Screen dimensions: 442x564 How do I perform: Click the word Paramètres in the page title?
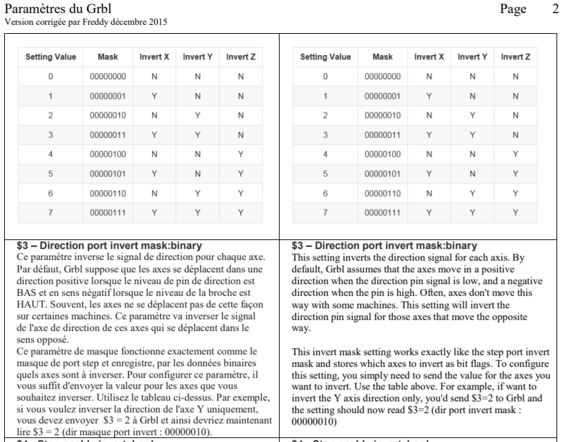pyautogui.click(x=34, y=8)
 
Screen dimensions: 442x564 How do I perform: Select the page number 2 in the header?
pyautogui.click(x=555, y=9)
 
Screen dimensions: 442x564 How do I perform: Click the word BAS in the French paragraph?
pyautogui.click(x=26, y=292)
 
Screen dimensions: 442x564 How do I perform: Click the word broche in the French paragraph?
pyautogui.click(x=222, y=292)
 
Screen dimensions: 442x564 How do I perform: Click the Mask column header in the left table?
pyautogui.click(x=108, y=57)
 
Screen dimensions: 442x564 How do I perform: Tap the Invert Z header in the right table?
pyautogui.click(x=516, y=57)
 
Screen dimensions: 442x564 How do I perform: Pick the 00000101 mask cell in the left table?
pyautogui.click(x=108, y=174)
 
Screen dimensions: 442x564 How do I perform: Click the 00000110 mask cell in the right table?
pyautogui.click(x=382, y=194)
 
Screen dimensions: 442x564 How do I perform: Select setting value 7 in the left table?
pyautogui.click(x=50, y=213)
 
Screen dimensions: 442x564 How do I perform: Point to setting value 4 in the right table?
pyautogui.click(x=325, y=154)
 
